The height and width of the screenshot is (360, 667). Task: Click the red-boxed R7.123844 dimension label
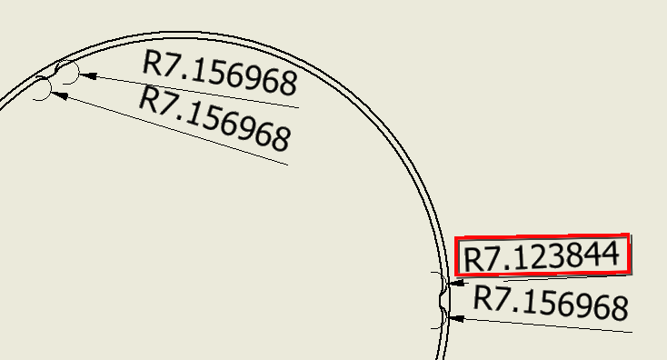[543, 255]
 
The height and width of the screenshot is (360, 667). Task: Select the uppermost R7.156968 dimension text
[221, 74]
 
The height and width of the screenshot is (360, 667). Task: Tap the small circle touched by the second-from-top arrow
[42, 90]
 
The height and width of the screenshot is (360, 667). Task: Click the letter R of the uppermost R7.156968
[154, 63]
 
